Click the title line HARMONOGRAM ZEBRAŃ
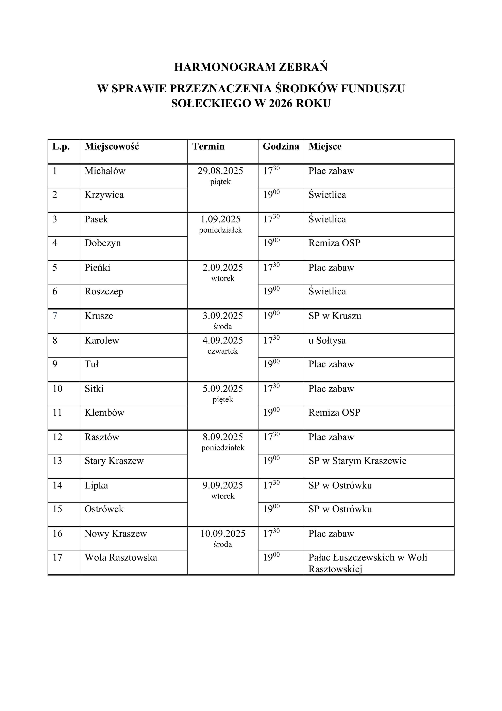click(251, 67)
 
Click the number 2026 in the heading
click(281, 103)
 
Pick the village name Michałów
click(105, 171)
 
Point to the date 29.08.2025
click(220, 171)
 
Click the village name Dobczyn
click(103, 243)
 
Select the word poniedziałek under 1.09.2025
click(220, 230)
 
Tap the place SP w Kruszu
click(335, 316)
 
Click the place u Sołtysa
click(327, 341)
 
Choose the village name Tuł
click(91, 364)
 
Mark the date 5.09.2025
click(223, 389)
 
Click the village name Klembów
click(104, 413)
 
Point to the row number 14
click(57, 485)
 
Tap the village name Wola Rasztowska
click(121, 557)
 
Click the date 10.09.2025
click(223, 534)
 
